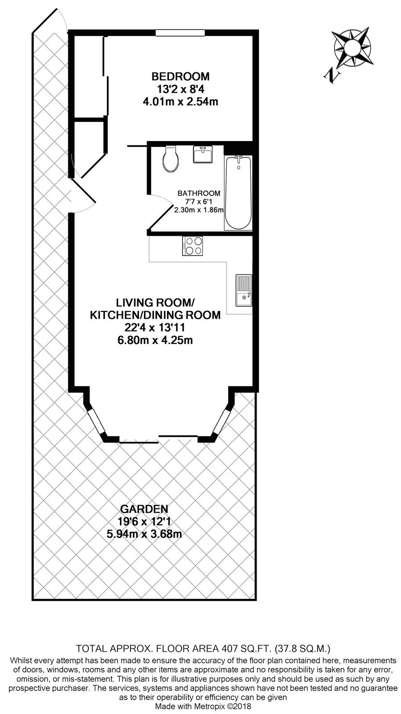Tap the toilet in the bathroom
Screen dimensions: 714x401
pos(171,159)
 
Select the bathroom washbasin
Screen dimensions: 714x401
pos(203,154)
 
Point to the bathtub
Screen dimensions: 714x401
pos(238,193)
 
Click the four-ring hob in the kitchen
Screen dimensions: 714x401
pos(192,245)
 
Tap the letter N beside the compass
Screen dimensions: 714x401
pos(332,75)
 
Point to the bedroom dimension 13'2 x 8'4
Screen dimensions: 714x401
pos(180,88)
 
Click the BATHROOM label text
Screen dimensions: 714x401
pos(199,193)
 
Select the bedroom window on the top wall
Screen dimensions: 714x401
pos(180,32)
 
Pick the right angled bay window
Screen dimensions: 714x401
pos(221,419)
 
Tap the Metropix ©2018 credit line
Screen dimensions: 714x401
pos(203,706)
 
